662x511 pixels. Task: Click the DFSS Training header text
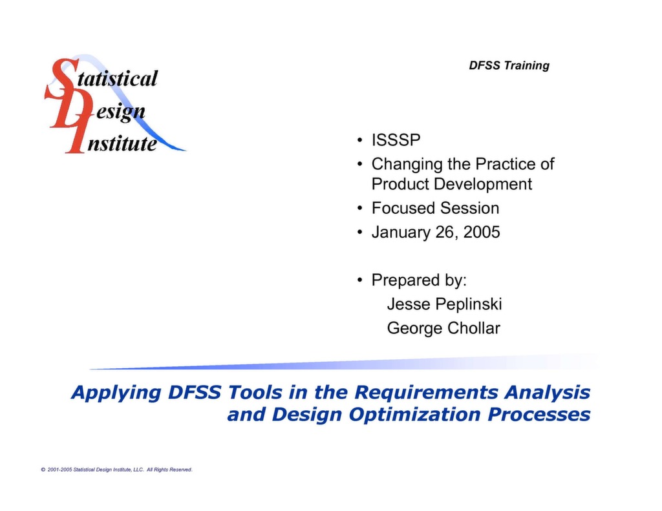pos(509,65)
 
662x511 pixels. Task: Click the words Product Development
pos(451,184)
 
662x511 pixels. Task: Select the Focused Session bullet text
pos(435,208)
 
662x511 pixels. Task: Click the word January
pos(401,232)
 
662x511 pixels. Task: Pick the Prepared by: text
pos(419,280)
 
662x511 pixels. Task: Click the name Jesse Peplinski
pos(444,304)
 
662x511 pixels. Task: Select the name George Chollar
pos(443,328)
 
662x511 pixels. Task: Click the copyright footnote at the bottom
pos(116,470)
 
